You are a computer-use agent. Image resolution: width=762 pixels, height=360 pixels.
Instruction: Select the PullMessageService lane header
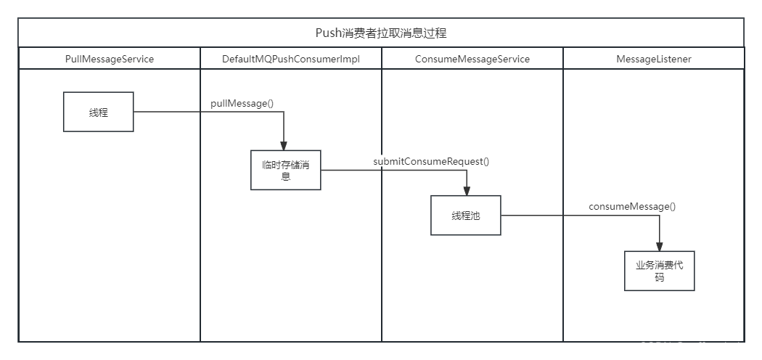110,59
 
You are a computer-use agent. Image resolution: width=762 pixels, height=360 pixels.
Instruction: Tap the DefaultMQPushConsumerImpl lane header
291,59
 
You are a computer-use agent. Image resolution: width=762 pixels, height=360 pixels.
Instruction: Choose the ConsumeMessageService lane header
472,59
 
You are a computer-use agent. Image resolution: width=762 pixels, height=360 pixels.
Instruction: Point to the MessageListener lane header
654,59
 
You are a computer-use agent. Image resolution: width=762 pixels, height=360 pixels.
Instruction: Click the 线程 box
99,112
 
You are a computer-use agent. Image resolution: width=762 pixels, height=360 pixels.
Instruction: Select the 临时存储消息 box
286,171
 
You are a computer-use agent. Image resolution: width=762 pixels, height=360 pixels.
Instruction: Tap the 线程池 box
466,216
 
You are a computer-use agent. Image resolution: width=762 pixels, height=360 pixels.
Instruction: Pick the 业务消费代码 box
660,271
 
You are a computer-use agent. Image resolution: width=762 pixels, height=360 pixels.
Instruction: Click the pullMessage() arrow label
242,103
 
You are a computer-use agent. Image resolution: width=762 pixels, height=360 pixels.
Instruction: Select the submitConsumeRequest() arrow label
431,161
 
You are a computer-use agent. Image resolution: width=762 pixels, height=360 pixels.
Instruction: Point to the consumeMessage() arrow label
632,206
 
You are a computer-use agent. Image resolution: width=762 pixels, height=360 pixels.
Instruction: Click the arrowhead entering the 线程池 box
464,190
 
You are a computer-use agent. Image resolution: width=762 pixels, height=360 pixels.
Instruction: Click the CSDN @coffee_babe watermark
695,347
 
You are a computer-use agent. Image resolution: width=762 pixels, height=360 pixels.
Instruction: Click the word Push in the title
328,33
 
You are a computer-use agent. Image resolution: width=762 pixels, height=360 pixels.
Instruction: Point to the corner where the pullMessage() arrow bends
284,112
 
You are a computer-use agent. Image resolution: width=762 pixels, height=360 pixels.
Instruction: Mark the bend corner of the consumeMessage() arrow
660,216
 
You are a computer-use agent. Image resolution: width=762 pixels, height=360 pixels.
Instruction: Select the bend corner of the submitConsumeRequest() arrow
464,171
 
